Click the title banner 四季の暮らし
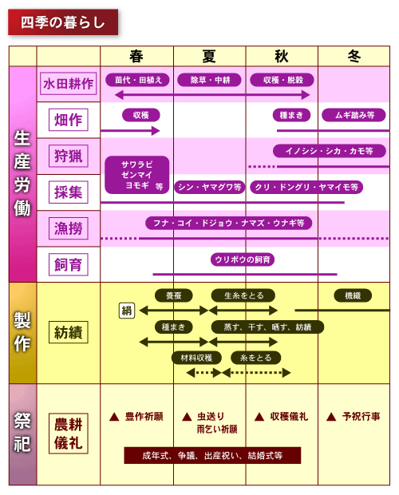tap(63, 22)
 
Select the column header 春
tap(136, 56)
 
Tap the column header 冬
tap(354, 56)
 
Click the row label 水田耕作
tap(68, 84)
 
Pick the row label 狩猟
tap(68, 156)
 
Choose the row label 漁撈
tap(68, 228)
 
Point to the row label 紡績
tap(68, 332)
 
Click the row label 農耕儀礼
tap(68, 434)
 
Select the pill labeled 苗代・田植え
tap(137, 80)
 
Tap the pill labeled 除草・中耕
tap(209, 80)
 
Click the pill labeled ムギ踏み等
tap(354, 115)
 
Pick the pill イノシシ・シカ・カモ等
tap(330, 151)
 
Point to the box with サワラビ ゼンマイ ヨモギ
tap(137, 175)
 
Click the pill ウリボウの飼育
tap(243, 259)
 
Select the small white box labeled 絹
tap(127, 311)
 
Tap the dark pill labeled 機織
tap(353, 295)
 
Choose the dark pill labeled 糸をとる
tap(256, 358)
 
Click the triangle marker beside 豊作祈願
tap(114, 418)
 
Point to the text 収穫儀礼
tap(289, 417)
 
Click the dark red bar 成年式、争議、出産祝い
tap(212, 455)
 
